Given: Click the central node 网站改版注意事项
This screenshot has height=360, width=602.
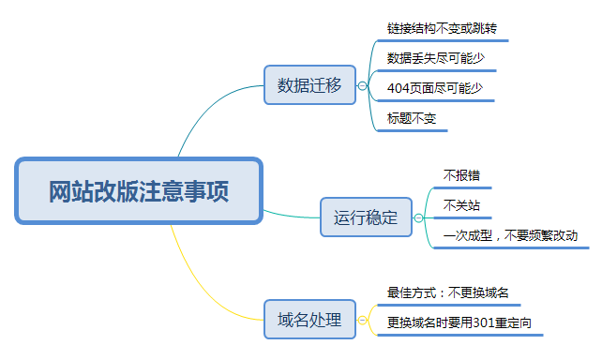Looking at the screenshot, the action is pyautogui.click(x=139, y=190).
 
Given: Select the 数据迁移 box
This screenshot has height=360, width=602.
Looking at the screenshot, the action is pyautogui.click(x=309, y=84).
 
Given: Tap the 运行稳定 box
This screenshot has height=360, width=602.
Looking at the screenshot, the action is pyautogui.click(x=366, y=217).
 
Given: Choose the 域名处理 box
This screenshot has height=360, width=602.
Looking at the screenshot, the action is pyautogui.click(x=309, y=320).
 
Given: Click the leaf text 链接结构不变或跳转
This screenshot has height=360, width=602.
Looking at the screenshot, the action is pyautogui.click(x=442, y=28).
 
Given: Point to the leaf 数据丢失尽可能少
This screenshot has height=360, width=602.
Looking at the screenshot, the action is pyautogui.click(x=436, y=58).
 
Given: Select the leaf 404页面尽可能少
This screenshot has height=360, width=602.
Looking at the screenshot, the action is pyautogui.click(x=435, y=88).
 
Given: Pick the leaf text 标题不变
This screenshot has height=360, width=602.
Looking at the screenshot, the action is pyautogui.click(x=412, y=118).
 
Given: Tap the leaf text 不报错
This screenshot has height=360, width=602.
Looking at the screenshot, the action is pyautogui.click(x=461, y=175).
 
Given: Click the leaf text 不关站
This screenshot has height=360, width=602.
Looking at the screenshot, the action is pyautogui.click(x=461, y=205).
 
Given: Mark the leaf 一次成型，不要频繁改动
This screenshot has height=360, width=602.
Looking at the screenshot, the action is pyautogui.click(x=510, y=235).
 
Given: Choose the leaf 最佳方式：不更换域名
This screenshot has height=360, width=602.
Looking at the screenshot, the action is pyautogui.click(x=447, y=292).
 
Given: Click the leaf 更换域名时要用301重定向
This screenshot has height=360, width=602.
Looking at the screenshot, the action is pyautogui.click(x=459, y=322).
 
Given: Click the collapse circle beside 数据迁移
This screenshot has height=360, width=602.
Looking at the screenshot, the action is pyautogui.click(x=362, y=85).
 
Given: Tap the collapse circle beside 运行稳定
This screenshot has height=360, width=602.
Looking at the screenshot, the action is pyautogui.click(x=418, y=218).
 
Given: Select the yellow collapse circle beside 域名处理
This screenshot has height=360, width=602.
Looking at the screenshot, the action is pyautogui.click(x=362, y=320).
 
